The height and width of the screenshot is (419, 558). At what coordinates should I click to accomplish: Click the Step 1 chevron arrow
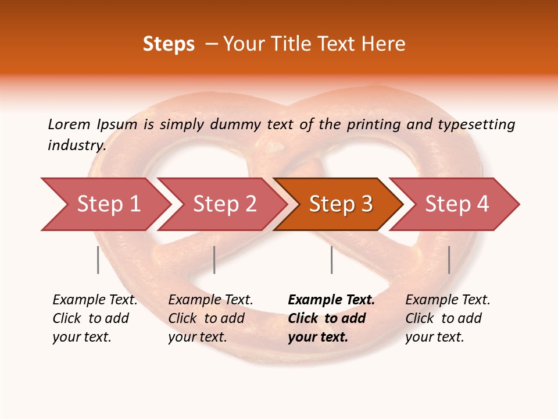(x=108, y=204)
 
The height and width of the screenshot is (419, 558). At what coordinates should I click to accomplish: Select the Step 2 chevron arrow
(x=224, y=204)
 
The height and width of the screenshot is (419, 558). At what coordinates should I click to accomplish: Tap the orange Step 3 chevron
(x=340, y=204)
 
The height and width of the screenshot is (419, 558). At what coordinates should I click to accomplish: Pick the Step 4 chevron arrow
(x=456, y=204)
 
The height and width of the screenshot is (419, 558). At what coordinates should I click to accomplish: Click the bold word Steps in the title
(x=169, y=44)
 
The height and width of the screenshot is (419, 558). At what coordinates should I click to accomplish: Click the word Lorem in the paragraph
(x=69, y=124)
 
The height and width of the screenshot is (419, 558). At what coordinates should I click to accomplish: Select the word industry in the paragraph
(x=76, y=145)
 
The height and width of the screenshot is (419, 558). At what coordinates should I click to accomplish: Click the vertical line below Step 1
(x=98, y=260)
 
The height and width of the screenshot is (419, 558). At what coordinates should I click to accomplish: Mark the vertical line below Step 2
(x=214, y=260)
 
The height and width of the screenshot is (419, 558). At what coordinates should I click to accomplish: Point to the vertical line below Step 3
(x=331, y=260)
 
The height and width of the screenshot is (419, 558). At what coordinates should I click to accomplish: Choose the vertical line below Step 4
(x=449, y=260)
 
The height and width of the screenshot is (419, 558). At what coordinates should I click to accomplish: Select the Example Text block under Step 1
(x=95, y=318)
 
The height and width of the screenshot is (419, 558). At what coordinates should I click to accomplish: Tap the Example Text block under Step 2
(x=210, y=318)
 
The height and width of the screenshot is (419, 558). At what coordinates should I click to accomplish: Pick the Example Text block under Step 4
(x=448, y=318)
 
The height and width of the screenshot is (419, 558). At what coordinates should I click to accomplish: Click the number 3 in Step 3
(x=366, y=204)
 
